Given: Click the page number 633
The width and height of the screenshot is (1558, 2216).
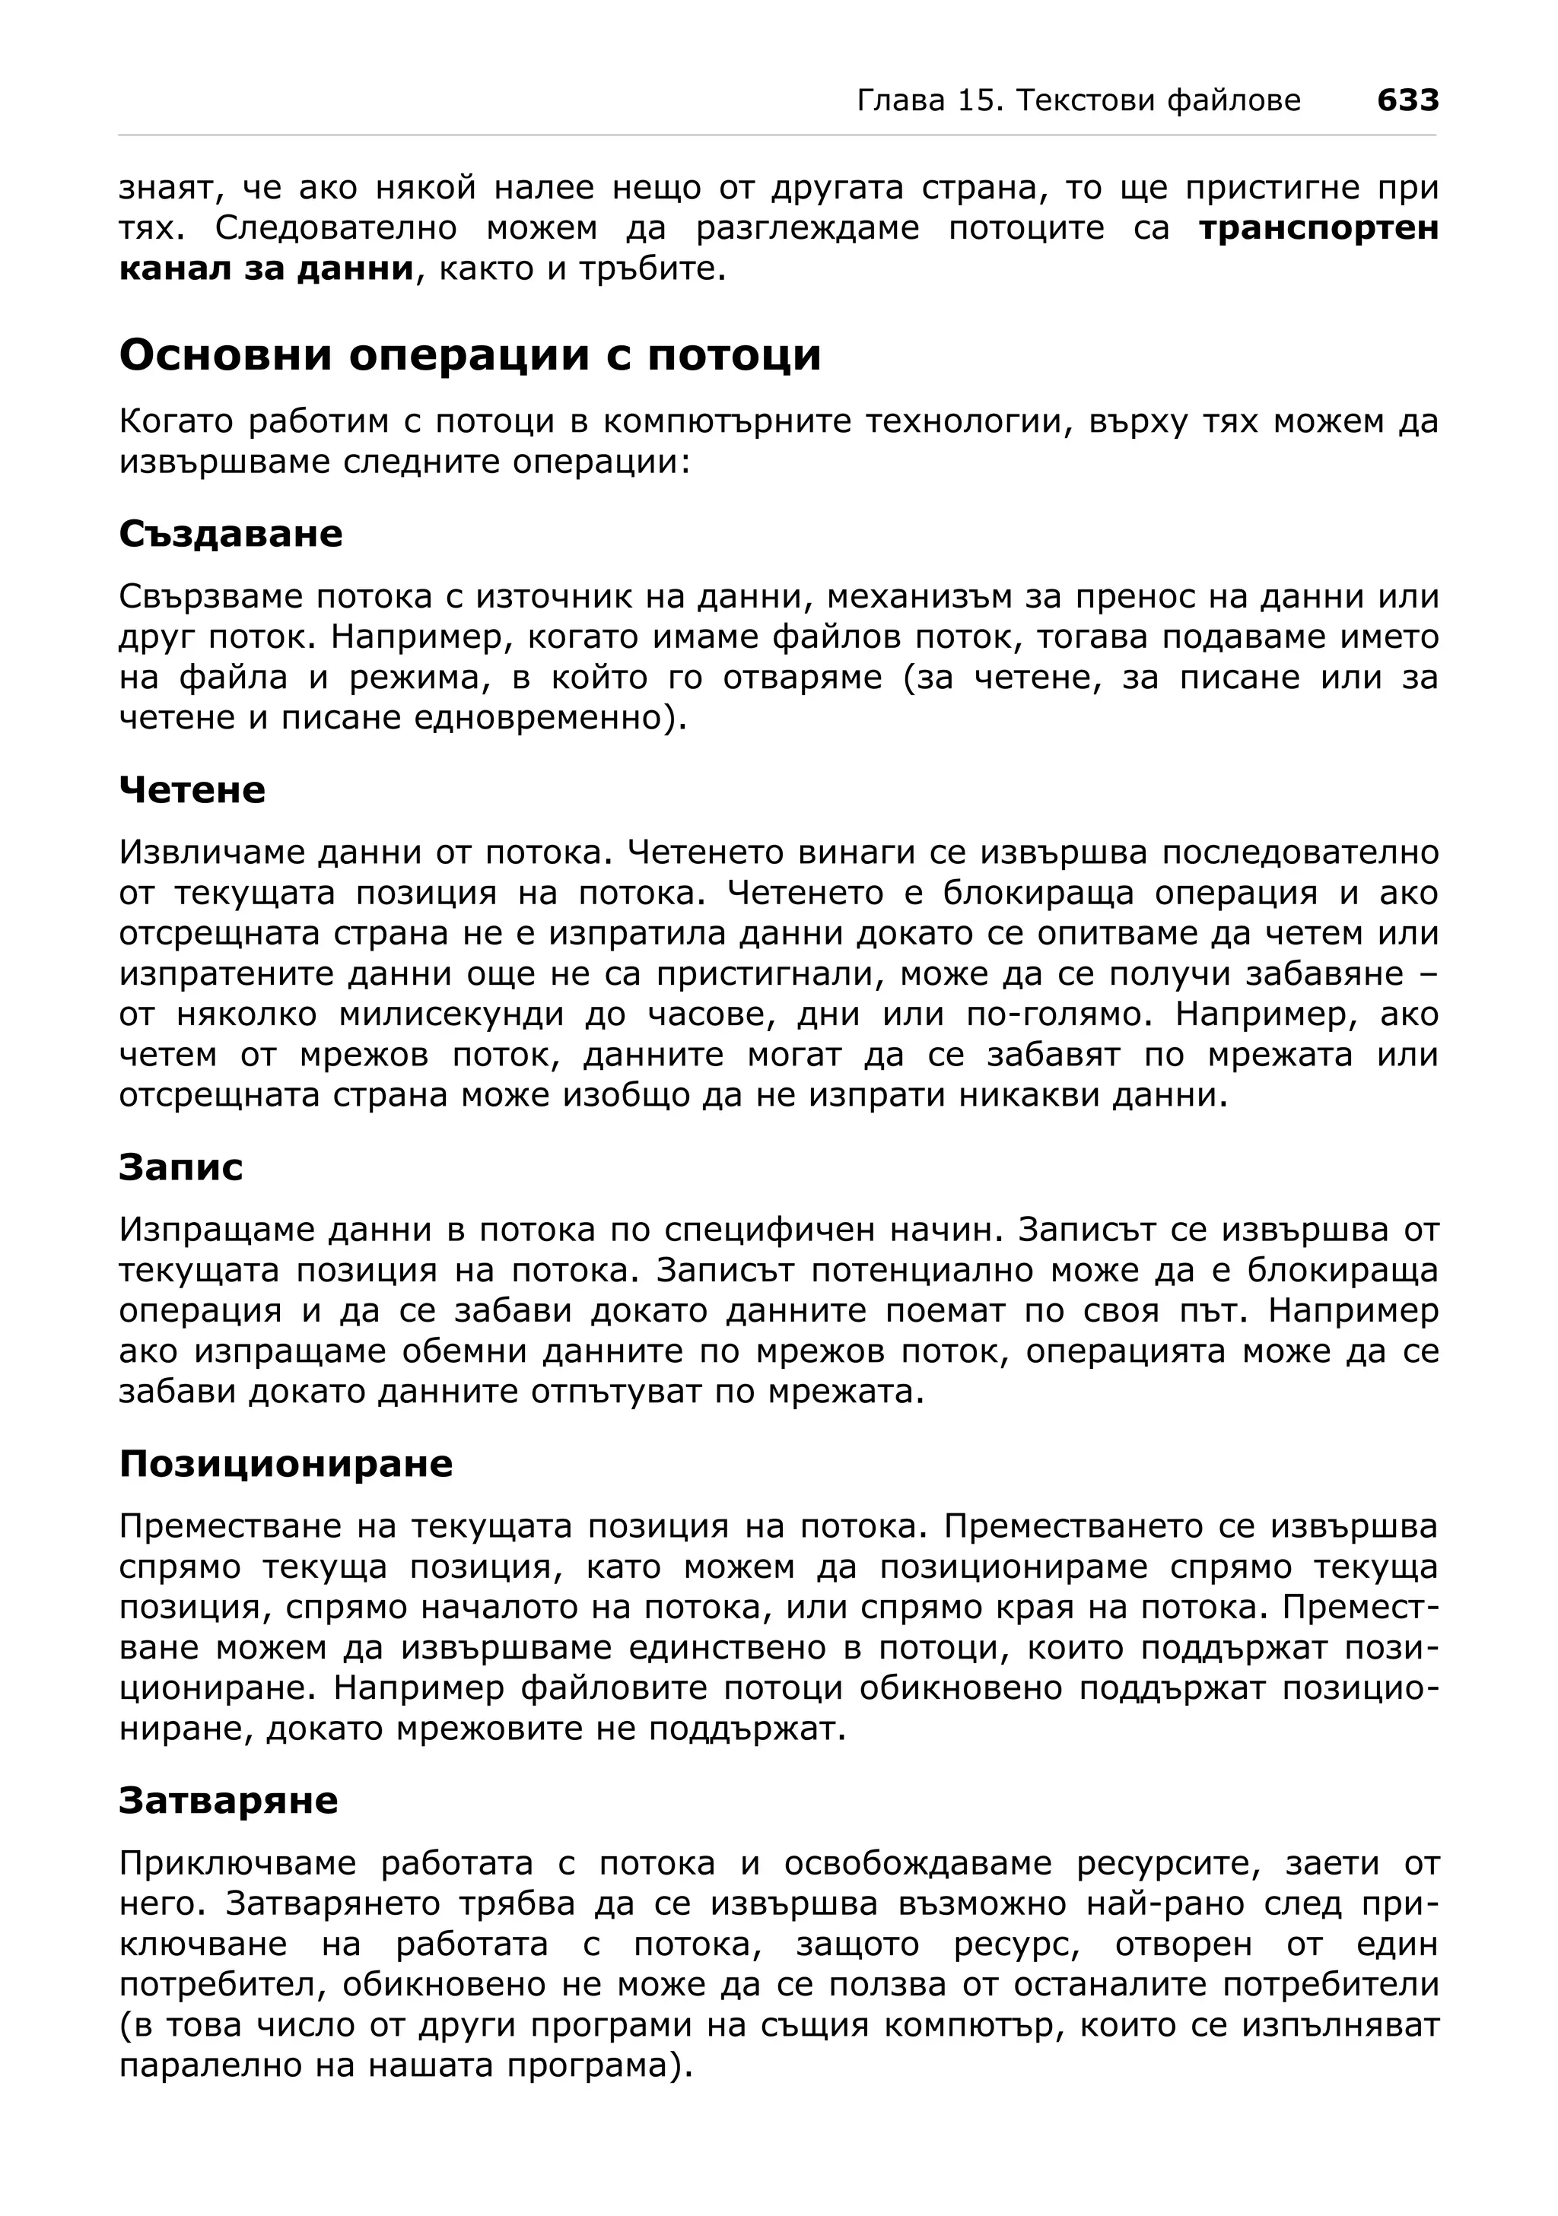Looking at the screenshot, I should [1407, 100].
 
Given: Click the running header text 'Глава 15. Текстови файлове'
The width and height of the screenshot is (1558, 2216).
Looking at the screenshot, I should [1078, 100].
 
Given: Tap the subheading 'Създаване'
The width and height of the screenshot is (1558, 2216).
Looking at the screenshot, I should [231, 534].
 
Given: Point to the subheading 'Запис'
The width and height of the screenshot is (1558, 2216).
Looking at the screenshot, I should [180, 1167].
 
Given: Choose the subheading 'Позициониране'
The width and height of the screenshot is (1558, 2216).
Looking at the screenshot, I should [286, 1464].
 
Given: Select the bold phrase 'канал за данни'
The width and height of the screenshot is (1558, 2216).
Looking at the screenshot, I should [265, 268].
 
